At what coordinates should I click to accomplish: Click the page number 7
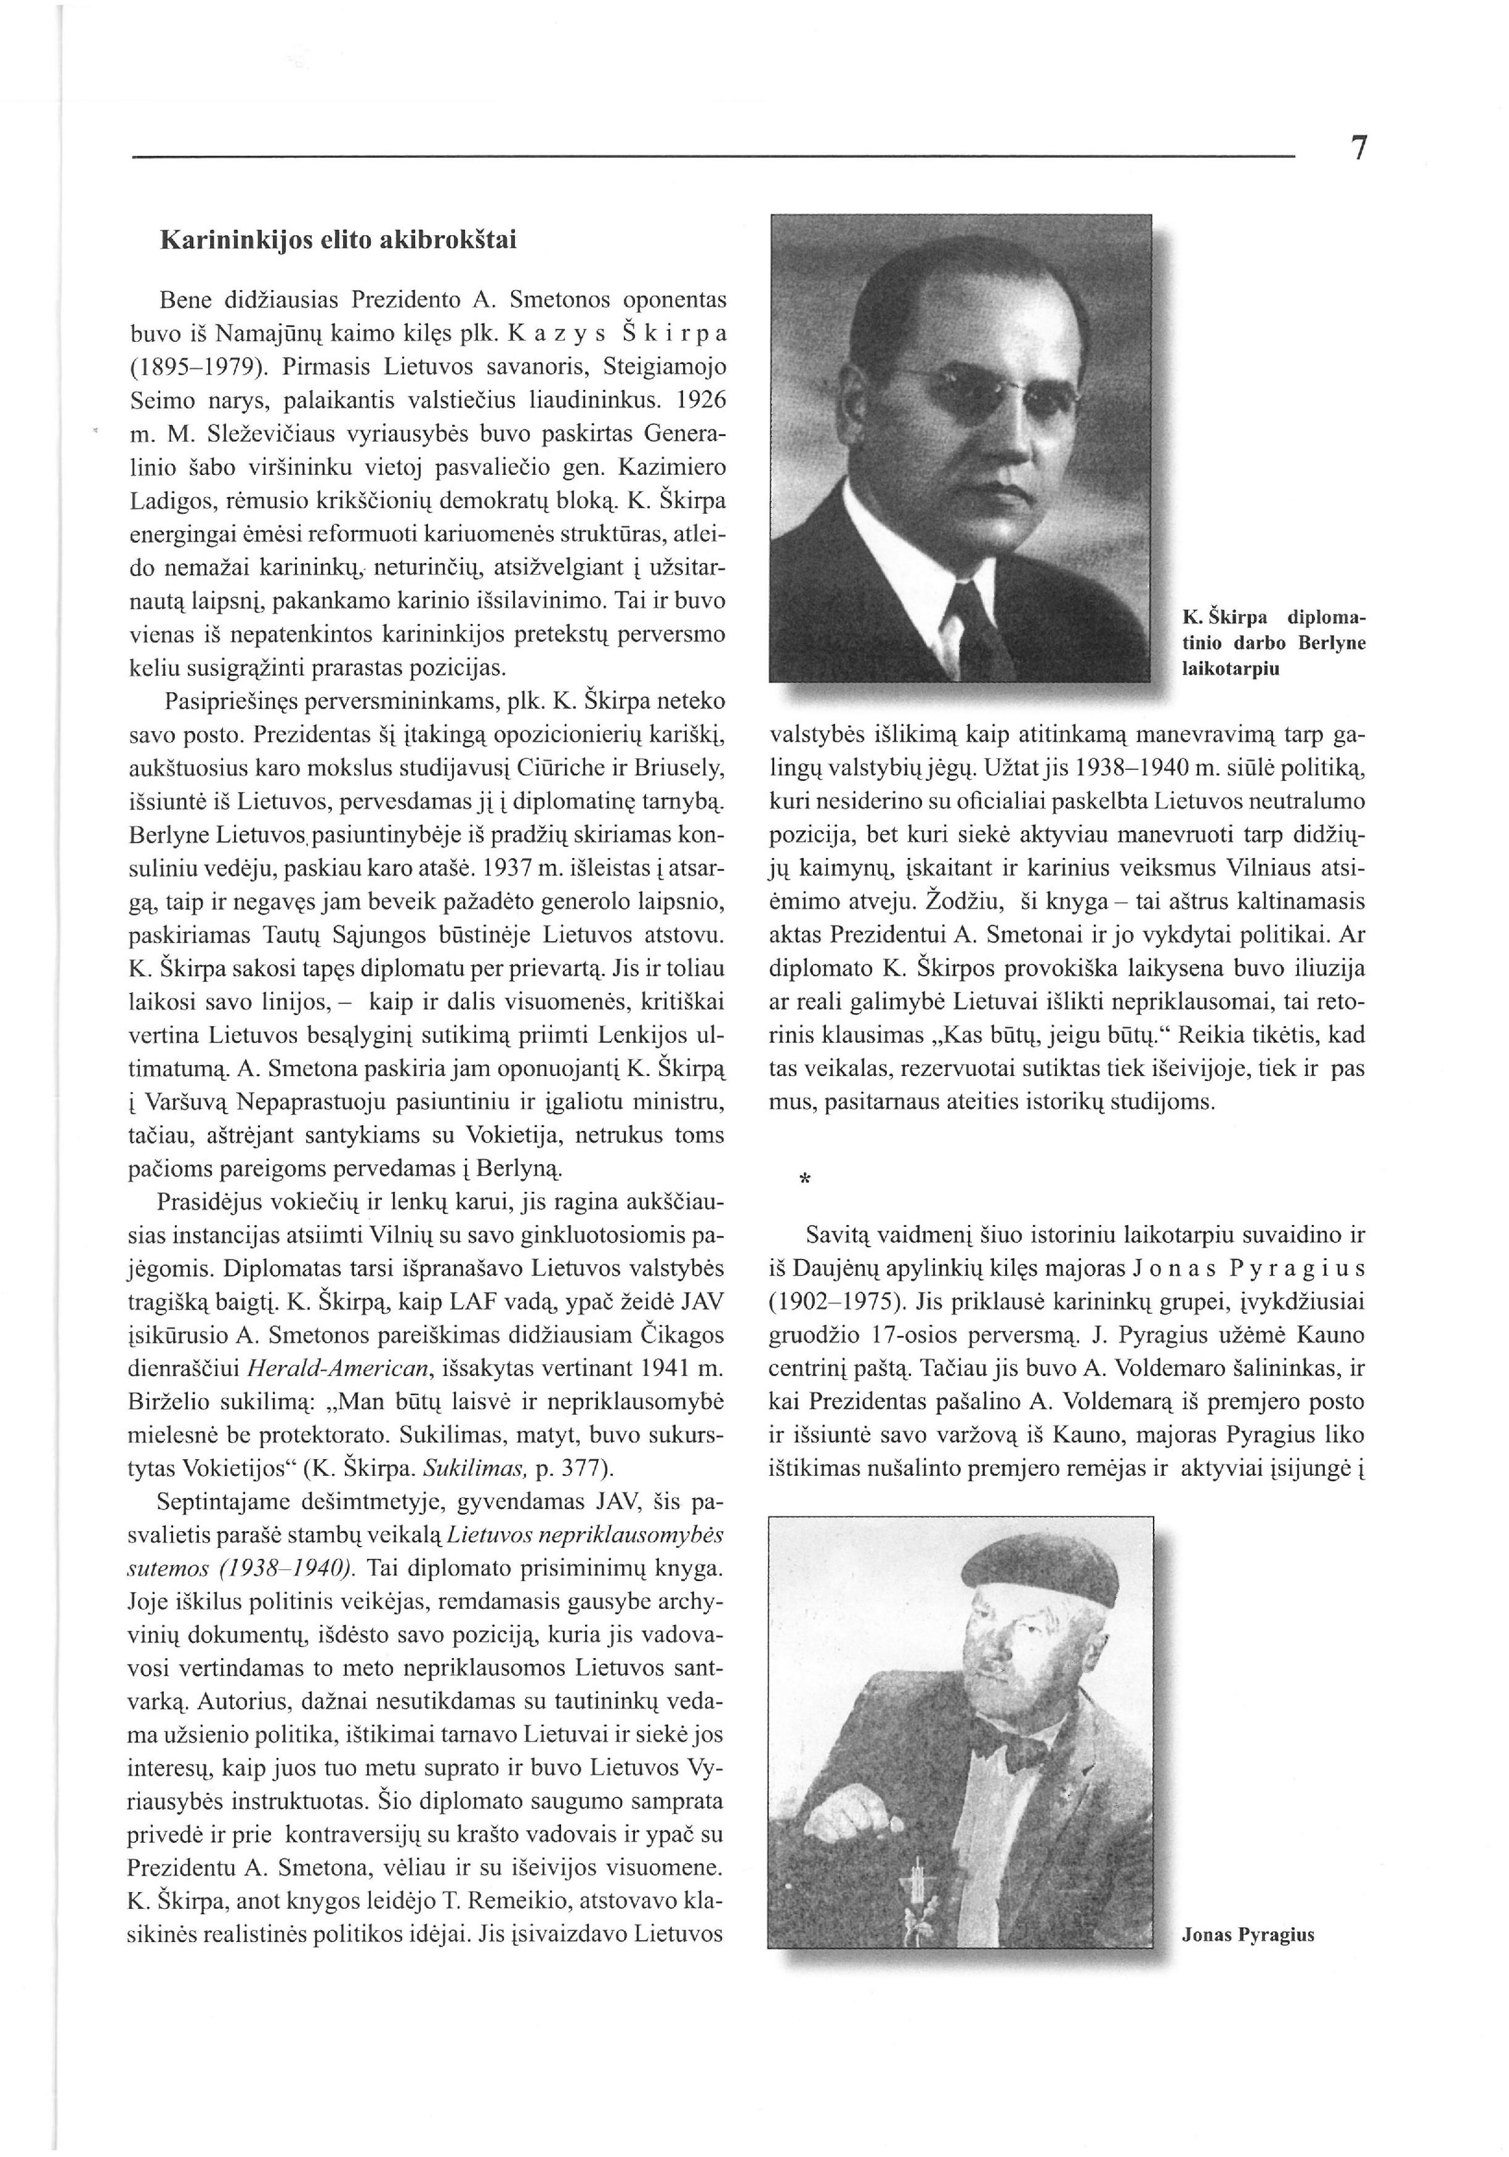1357,150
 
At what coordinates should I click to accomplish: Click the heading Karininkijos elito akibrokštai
338,240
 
